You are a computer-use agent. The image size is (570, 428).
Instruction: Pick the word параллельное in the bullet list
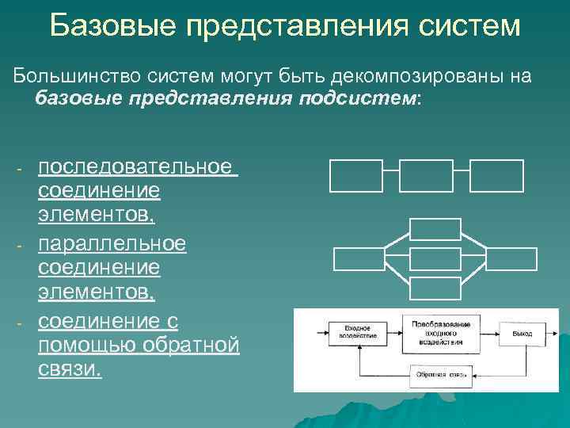click(x=112, y=243)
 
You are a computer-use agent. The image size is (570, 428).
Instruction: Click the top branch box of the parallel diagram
click(x=435, y=228)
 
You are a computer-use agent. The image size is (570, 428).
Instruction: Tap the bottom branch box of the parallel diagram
click(x=435, y=289)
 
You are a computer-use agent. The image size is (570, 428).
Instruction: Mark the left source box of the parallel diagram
click(x=359, y=259)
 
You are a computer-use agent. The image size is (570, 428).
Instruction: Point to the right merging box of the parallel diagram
click(x=511, y=259)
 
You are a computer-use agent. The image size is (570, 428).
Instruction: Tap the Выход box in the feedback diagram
click(x=521, y=333)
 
